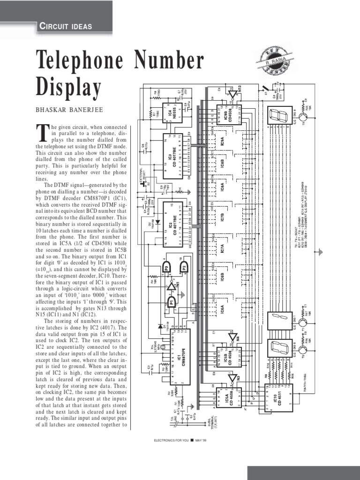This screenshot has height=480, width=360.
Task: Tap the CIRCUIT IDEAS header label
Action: coord(65,26)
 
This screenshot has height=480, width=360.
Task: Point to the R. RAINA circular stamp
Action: coord(274,60)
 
